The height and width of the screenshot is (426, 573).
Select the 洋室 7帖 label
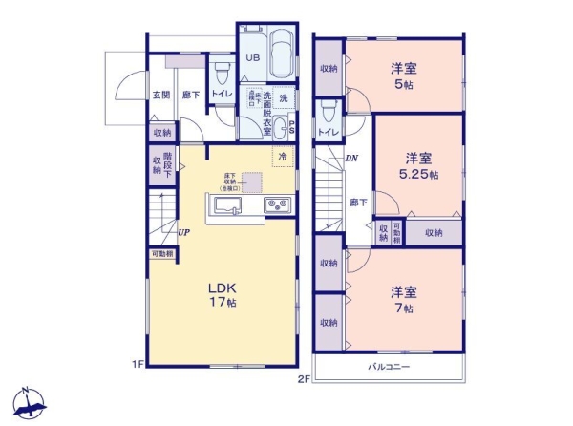401,301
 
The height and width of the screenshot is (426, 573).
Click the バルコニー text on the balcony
389,367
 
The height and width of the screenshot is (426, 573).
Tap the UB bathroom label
252,58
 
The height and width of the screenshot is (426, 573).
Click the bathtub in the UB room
281,58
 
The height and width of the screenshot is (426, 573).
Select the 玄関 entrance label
159,95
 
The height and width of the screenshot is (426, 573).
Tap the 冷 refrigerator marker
283,155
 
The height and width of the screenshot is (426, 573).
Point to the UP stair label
182,231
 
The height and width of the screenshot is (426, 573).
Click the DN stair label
350,159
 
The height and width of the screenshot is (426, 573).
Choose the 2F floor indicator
305,377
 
